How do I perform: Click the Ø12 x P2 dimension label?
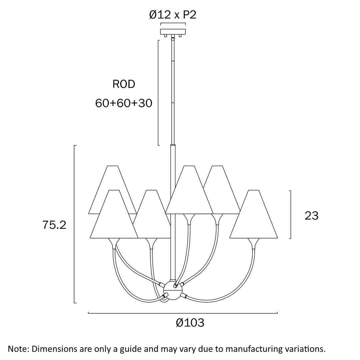tap(173, 15)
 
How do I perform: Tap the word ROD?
tap(124, 84)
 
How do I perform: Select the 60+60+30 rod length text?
tap(124, 103)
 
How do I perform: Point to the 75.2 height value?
tap(54, 225)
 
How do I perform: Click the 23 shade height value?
tap(312, 216)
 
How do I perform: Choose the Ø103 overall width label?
tap(190, 323)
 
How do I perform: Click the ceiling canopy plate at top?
tap(173, 32)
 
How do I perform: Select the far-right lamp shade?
tap(254, 217)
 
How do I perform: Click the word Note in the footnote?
tap(19, 349)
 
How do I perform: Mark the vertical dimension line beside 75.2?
tap(74, 224)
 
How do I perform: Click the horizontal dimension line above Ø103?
tap(183, 313)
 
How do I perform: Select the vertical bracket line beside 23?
tap(291, 214)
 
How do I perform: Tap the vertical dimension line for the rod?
tap(158, 93)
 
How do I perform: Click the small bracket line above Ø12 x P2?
tap(173, 23)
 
